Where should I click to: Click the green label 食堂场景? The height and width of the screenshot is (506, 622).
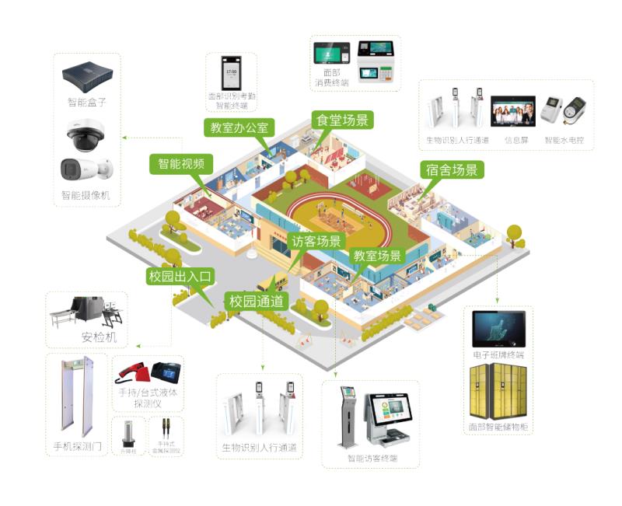tap(343, 120)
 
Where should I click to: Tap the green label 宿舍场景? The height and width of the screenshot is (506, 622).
tap(452, 170)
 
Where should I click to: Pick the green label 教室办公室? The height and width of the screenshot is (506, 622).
tap(239, 127)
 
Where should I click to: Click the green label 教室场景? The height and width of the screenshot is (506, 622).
tap(378, 256)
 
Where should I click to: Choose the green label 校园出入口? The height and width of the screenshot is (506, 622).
tap(180, 275)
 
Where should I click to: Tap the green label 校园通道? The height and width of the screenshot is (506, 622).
tap(255, 301)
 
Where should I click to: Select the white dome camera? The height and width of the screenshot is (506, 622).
tap(87, 137)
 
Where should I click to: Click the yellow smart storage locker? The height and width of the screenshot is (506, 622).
tap(498, 393)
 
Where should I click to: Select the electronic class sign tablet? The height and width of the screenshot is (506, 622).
tap(498, 330)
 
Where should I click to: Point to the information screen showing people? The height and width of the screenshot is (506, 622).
tap(512, 112)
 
